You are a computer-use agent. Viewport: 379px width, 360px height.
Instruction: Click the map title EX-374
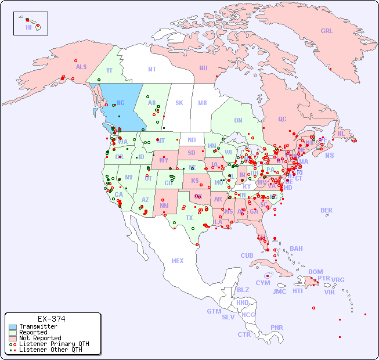(51, 319)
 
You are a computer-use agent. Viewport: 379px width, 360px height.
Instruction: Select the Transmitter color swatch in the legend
(13, 326)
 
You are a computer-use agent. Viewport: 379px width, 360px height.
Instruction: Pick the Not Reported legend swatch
(13, 338)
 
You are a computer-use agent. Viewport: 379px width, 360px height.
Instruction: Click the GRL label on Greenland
(327, 31)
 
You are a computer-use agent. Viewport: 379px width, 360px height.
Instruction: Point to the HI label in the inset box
(28, 27)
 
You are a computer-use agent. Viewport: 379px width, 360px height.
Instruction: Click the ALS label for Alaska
(81, 67)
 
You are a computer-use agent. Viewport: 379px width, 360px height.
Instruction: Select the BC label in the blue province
(121, 103)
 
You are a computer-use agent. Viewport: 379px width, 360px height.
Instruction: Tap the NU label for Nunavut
(203, 68)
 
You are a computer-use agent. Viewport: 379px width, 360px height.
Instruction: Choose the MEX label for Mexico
(178, 261)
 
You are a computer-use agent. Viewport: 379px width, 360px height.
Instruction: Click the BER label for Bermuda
(327, 210)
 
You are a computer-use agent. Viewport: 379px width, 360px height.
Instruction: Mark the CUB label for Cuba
(247, 255)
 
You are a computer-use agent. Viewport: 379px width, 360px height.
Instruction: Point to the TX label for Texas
(189, 218)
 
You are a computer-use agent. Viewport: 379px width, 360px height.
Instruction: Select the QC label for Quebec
(282, 119)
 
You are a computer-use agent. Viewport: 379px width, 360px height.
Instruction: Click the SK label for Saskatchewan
(179, 103)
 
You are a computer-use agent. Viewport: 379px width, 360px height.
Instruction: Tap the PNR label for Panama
(277, 327)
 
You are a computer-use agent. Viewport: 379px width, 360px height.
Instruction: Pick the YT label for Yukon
(109, 70)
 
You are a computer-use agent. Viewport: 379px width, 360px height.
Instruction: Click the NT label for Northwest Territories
(152, 69)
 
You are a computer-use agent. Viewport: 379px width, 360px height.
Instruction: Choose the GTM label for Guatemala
(214, 311)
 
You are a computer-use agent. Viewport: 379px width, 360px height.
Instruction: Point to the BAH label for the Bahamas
(296, 249)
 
